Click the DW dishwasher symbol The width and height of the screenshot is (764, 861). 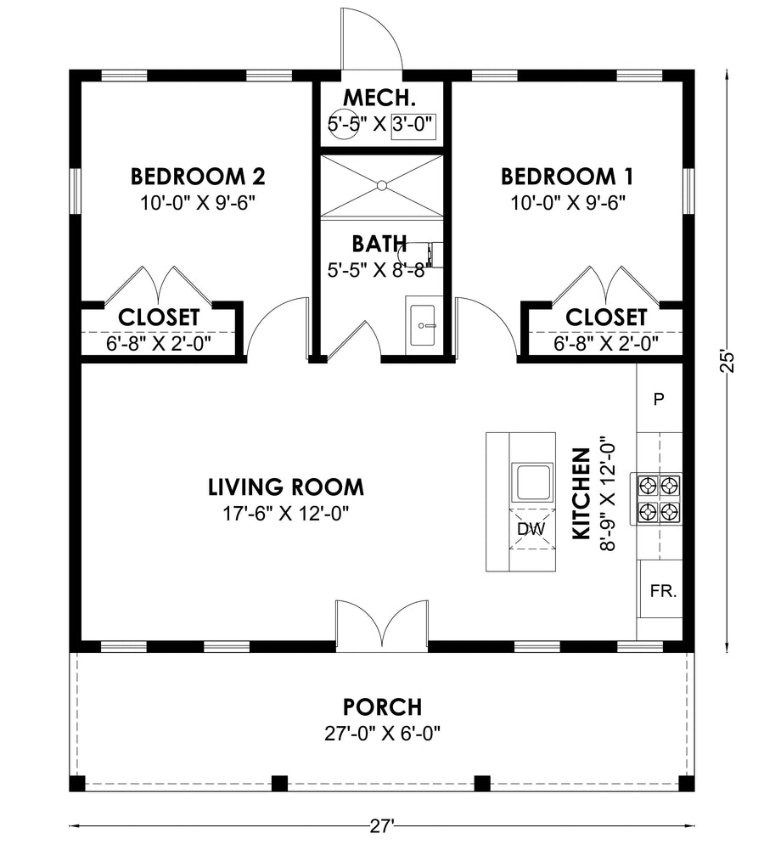pos(532,529)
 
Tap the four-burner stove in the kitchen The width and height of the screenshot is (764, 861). pos(659,498)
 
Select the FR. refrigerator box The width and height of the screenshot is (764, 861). pos(662,590)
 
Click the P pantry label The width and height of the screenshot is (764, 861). pos(660,398)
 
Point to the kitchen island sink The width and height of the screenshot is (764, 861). pos(531,482)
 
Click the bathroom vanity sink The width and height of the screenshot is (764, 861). pos(424,326)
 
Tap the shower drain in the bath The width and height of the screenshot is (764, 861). pos(382,187)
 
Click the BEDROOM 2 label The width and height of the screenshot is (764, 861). pos(198,177)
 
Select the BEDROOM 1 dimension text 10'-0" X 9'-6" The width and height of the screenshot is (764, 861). pos(569,203)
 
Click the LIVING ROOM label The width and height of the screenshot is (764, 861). pos(286,487)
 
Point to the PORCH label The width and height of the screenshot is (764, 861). pos(383,707)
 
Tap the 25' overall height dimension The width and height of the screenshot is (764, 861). pos(727,362)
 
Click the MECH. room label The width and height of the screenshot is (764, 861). pos(379,98)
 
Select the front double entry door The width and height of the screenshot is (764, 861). pos(382,626)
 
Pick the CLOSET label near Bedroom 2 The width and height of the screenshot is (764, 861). pos(160,318)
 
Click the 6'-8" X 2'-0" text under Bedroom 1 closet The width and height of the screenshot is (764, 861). pos(606,344)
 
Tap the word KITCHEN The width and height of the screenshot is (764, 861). pos(581,493)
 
